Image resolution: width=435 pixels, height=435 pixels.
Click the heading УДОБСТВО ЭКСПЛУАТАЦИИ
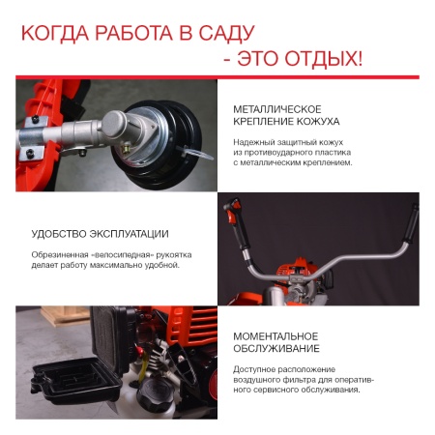tap(100, 233)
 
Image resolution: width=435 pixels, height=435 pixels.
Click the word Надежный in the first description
tap(255, 140)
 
